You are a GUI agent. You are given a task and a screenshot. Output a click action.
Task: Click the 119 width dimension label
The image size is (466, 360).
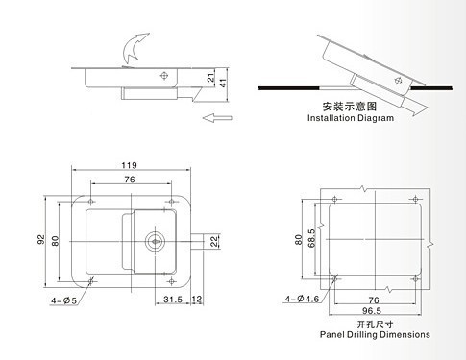coord(129,165)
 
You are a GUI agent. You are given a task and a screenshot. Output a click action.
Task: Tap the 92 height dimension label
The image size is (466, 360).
coord(40,240)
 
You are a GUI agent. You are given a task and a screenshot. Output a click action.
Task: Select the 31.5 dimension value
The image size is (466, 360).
coord(173,300)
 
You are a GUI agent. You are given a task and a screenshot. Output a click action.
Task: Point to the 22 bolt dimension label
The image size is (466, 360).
coord(214,241)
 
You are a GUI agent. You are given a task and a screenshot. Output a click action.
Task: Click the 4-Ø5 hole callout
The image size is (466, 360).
coord(63,300)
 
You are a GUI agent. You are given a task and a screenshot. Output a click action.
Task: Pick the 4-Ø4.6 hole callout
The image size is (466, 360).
coord(302,299)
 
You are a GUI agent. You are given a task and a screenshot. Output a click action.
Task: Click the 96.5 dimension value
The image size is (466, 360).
coord(372,310)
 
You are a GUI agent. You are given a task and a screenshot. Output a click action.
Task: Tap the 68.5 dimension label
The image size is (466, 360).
coord(311,238)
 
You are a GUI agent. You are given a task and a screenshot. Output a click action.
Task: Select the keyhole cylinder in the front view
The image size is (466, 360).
coord(155,241)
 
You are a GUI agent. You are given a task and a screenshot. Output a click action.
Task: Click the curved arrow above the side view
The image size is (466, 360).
coord(134,47)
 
